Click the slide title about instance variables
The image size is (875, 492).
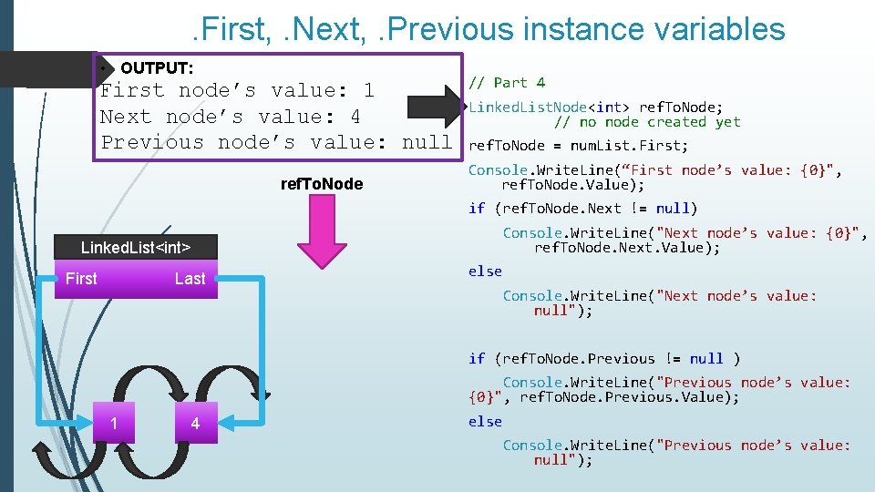489,28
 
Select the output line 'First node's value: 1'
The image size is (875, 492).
237,90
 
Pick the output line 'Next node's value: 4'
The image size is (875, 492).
230,117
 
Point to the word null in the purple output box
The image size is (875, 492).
427,142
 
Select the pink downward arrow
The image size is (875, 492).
321,232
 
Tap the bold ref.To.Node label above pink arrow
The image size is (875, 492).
321,184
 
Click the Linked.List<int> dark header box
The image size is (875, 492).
135,247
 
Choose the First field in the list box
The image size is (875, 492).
81,279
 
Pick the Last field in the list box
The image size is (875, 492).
190,279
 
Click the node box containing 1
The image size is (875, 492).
113,423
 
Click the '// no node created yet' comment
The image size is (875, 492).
647,122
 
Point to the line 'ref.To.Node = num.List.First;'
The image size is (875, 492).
579,146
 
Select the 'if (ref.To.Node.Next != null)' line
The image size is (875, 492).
583,208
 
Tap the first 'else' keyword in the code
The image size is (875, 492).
485,271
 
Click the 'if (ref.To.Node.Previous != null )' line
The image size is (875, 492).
604,358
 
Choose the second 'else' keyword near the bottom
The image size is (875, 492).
485,421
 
